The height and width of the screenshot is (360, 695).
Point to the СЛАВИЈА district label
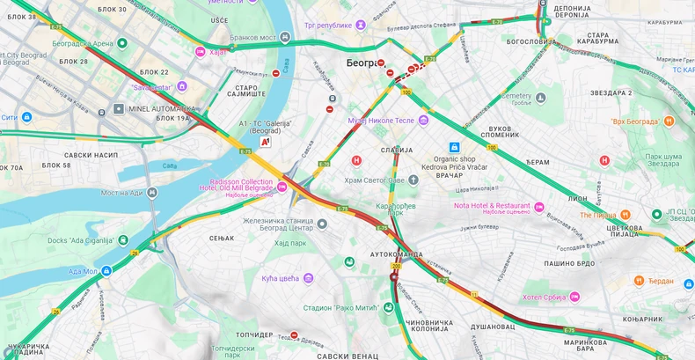[x=397, y=150]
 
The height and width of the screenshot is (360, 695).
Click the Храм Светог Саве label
[x=374, y=180]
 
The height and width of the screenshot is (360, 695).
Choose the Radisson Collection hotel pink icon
[x=282, y=187]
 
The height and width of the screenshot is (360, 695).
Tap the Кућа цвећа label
[x=281, y=278]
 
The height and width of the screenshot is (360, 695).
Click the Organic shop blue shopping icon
[x=454, y=147]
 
